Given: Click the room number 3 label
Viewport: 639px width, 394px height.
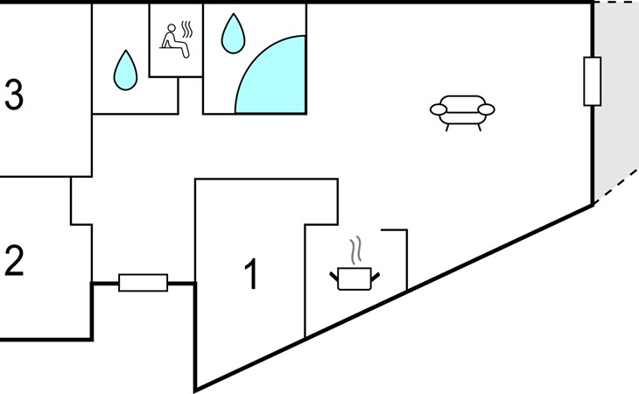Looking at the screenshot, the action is (x=14, y=95).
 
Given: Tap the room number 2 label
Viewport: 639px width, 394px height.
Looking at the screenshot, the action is (x=14, y=261).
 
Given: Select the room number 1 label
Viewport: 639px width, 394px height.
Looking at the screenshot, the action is (x=252, y=274).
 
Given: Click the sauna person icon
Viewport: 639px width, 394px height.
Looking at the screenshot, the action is (x=175, y=41).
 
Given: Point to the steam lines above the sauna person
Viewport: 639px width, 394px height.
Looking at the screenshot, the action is (x=186, y=30).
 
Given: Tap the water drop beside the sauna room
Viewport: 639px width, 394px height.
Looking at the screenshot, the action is (x=125, y=70).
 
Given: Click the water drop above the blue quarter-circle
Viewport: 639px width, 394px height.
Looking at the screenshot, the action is (x=233, y=33).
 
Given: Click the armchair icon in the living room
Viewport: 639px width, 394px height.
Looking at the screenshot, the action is (x=462, y=113).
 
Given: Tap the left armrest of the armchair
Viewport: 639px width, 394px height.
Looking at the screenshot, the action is (x=439, y=109).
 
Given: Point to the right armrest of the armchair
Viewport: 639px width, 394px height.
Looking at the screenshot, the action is (x=486, y=109).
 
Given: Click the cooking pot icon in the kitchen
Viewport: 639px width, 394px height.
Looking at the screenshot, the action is (x=355, y=278).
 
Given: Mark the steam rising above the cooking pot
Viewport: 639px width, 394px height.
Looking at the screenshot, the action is (x=355, y=250).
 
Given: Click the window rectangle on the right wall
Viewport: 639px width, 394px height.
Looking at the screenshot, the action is (x=592, y=81).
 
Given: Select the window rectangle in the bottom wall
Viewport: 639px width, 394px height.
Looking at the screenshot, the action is (x=143, y=282).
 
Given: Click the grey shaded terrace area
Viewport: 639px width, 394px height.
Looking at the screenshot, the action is (x=614, y=102).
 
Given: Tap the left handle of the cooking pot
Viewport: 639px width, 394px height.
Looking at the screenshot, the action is (x=334, y=277).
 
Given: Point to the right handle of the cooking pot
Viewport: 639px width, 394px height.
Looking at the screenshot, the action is (x=375, y=277).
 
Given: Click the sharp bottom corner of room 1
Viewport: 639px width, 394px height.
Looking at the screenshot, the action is (x=196, y=388).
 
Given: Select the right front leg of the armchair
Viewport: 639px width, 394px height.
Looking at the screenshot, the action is (x=480, y=127).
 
